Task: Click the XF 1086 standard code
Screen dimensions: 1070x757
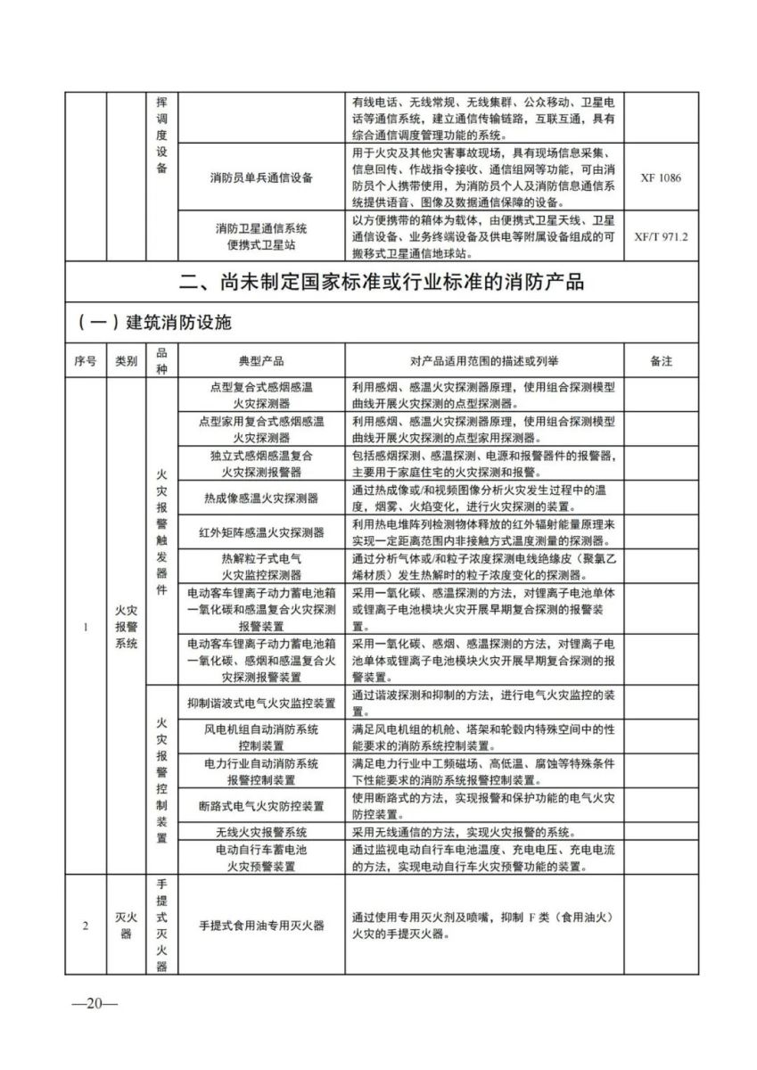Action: click(660, 177)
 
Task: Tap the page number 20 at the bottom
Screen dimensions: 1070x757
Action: click(95, 1003)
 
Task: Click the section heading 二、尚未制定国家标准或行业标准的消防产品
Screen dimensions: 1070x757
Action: click(382, 283)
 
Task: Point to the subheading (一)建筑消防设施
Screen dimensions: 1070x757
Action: click(153, 322)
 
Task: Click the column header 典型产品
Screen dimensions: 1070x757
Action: click(261, 361)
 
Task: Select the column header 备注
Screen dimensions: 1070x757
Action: click(661, 361)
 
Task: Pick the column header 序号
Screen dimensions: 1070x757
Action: click(85, 361)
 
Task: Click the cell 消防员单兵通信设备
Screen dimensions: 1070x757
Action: click(261, 177)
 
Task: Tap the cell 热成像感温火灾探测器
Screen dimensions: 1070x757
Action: click(261, 498)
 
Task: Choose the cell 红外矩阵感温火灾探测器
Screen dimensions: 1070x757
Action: click(261, 532)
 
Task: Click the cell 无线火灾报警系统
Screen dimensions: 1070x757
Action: click(261, 832)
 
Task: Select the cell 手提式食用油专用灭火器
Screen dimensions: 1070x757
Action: click(261, 925)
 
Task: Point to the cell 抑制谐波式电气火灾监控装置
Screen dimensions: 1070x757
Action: click(261, 703)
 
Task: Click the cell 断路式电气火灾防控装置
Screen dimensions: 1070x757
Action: click(261, 806)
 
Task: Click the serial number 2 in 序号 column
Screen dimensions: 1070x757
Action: click(85, 925)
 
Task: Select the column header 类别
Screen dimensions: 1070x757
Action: click(126, 361)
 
